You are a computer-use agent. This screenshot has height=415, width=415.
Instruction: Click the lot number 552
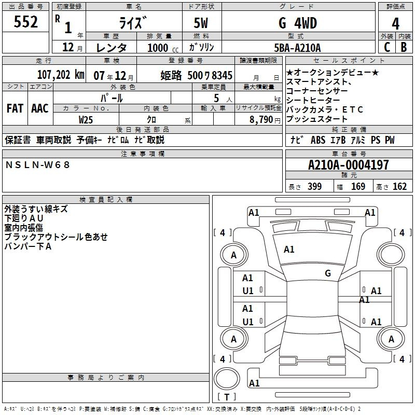25,21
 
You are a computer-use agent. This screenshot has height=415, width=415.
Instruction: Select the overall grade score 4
395,23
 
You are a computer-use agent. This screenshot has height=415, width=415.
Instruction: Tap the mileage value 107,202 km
61,75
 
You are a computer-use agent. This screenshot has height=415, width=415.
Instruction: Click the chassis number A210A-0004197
349,165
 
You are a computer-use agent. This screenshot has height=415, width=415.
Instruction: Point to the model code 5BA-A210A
297,48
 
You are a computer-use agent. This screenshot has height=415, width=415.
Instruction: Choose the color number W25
86,120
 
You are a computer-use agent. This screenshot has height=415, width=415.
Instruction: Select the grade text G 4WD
298,23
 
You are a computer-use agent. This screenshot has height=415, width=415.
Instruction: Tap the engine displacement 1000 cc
163,48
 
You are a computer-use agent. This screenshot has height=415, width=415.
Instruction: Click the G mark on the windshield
328,273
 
